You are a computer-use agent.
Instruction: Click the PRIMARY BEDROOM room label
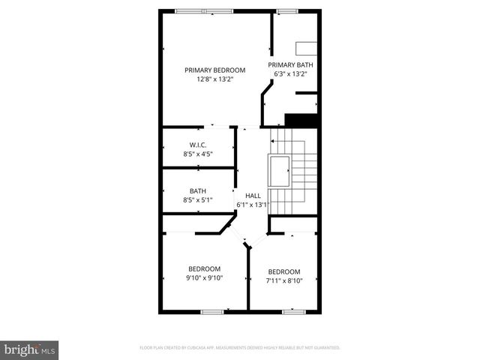(215, 70)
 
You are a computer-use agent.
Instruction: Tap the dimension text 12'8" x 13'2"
(215, 79)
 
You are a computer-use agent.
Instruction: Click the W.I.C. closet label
(198, 145)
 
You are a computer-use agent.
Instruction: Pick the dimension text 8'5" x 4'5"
(198, 154)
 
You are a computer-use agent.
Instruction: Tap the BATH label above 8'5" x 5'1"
(198, 191)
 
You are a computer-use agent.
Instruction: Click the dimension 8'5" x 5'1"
(198, 200)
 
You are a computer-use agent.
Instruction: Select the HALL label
(253, 195)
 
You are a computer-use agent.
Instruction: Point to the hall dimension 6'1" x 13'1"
(253, 204)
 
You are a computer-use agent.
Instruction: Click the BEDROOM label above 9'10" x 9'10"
(204, 269)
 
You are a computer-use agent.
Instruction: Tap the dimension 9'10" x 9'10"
(204, 278)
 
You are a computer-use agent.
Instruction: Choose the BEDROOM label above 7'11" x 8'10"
(284, 271)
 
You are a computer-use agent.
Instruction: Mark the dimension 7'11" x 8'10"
(284, 281)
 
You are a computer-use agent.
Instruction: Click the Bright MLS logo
(29, 349)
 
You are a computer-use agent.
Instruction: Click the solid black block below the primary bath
(302, 120)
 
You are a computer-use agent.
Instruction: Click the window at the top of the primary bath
(284, 11)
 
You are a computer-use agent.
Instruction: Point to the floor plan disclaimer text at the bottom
(240, 348)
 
